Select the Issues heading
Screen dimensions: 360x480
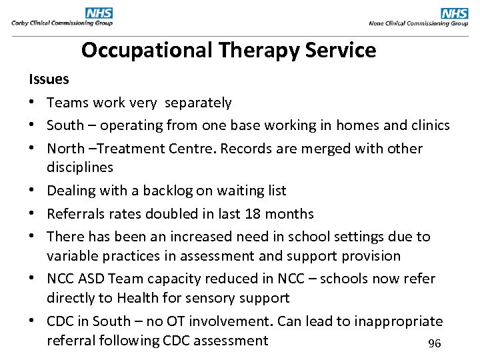coord(49,79)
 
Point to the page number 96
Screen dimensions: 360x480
coord(435,343)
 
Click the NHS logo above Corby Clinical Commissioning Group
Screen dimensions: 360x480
coord(99,13)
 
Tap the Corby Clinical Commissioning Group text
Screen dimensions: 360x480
coord(62,23)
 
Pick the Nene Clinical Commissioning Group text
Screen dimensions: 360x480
coord(419,23)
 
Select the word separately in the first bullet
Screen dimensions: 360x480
coord(198,103)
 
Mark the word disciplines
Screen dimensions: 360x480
coord(80,167)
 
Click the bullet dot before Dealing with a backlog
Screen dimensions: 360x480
coord(33,191)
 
